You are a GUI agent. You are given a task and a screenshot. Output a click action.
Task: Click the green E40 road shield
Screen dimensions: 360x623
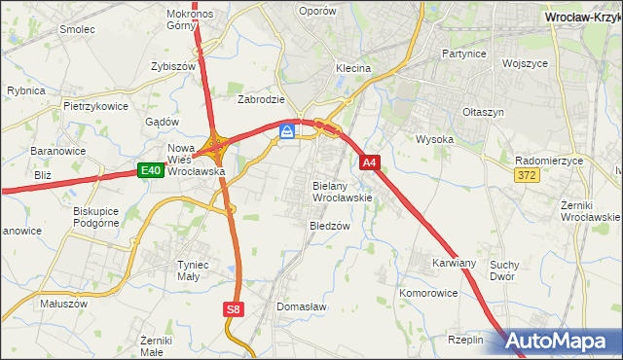[149, 170]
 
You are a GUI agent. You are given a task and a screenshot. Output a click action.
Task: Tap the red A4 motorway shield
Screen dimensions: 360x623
[369, 163]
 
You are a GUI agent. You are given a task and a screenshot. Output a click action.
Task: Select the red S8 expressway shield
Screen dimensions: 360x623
[232, 308]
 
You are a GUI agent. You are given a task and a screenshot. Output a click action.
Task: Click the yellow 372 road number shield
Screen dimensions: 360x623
[527, 174]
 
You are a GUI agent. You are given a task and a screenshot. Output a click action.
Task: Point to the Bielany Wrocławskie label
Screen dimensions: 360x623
[343, 191]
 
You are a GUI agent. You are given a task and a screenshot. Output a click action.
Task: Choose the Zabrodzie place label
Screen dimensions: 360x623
[261, 99]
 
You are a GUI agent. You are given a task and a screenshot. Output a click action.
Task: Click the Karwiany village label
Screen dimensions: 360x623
[455, 263]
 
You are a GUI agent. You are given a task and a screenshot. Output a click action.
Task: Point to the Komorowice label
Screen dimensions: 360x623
[428, 292]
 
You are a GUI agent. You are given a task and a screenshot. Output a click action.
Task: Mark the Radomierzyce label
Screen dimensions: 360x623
[549, 161]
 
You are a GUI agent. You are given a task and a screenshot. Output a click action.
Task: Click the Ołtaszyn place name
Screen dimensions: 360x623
[483, 112]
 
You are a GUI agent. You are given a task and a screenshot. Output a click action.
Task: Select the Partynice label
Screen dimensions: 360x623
[463, 54]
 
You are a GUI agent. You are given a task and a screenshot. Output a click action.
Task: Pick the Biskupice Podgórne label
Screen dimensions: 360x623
[96, 215]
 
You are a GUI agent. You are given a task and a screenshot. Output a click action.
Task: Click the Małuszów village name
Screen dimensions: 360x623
[64, 303]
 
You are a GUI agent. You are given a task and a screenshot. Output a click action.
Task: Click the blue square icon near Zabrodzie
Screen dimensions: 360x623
[287, 131]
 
